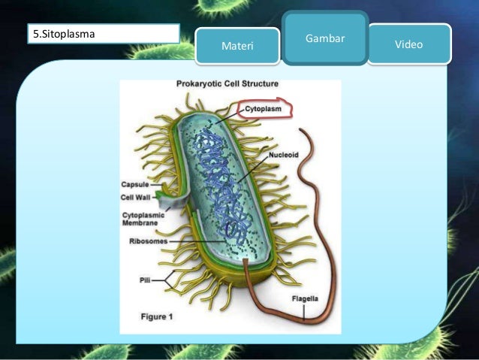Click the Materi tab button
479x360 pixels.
(238, 47)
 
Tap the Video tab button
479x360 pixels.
(408, 44)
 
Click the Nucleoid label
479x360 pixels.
(285, 154)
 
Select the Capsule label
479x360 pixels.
(135, 184)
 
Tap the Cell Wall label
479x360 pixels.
(137, 198)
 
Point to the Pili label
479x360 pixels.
(146, 279)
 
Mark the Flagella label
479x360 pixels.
(305, 299)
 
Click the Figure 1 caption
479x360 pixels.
(157, 317)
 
